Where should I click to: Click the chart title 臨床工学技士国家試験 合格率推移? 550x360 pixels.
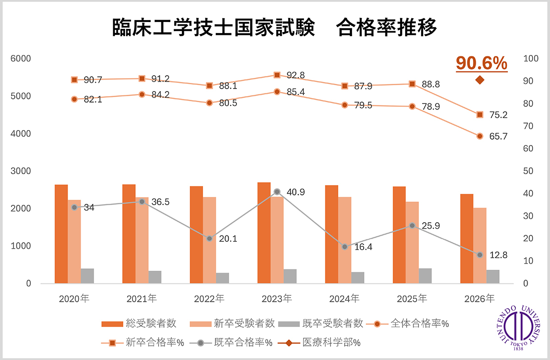point(275,27)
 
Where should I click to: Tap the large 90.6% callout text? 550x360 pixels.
point(481,63)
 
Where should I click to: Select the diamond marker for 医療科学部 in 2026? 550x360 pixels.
point(480,80)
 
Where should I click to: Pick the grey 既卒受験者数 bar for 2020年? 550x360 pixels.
point(87,276)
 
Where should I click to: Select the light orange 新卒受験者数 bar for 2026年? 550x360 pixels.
point(480,245)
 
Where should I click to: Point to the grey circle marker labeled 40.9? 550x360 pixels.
point(277,192)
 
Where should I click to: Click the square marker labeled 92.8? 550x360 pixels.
point(277,75)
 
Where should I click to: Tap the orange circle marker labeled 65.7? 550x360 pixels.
point(480,136)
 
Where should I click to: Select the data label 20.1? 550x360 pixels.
point(228,239)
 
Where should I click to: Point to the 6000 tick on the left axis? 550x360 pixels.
point(21,59)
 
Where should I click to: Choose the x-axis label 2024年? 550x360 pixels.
point(344,299)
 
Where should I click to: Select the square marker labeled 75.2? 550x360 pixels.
point(480,115)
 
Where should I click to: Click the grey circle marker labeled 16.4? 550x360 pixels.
point(345,247)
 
